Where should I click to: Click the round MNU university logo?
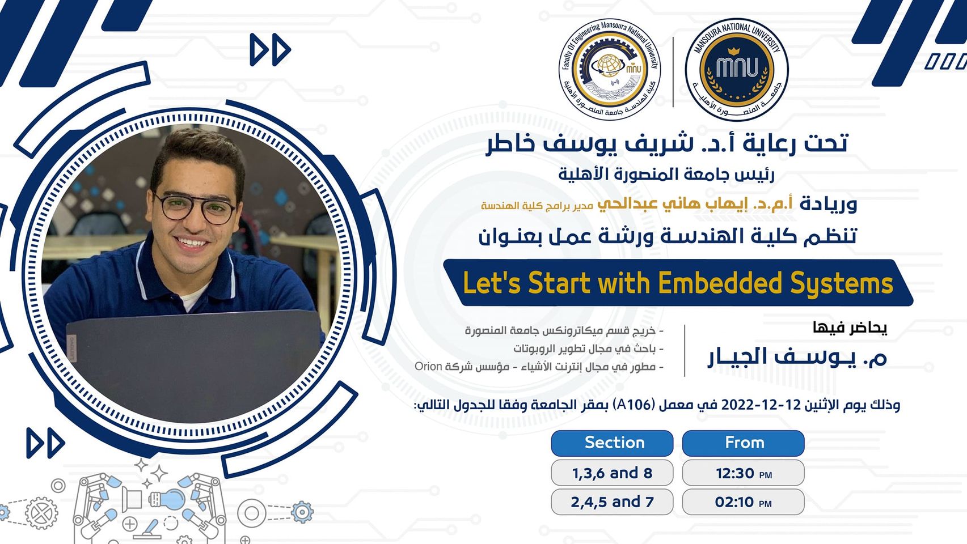tap(737, 69)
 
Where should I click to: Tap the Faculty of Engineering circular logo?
tap(610, 69)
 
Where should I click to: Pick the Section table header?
tap(612, 443)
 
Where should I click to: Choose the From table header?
tap(744, 443)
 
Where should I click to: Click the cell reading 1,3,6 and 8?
tap(612, 473)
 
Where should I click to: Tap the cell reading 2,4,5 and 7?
tap(612, 501)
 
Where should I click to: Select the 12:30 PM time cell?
tap(744, 473)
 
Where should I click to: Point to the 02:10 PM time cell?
tap(744, 501)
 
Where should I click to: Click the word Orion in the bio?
tap(428, 366)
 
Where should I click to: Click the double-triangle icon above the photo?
tap(270, 50)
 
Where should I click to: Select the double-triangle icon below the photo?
tap(45, 443)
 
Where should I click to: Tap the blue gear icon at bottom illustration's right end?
tap(302, 512)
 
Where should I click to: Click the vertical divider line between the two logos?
tap(673, 72)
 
